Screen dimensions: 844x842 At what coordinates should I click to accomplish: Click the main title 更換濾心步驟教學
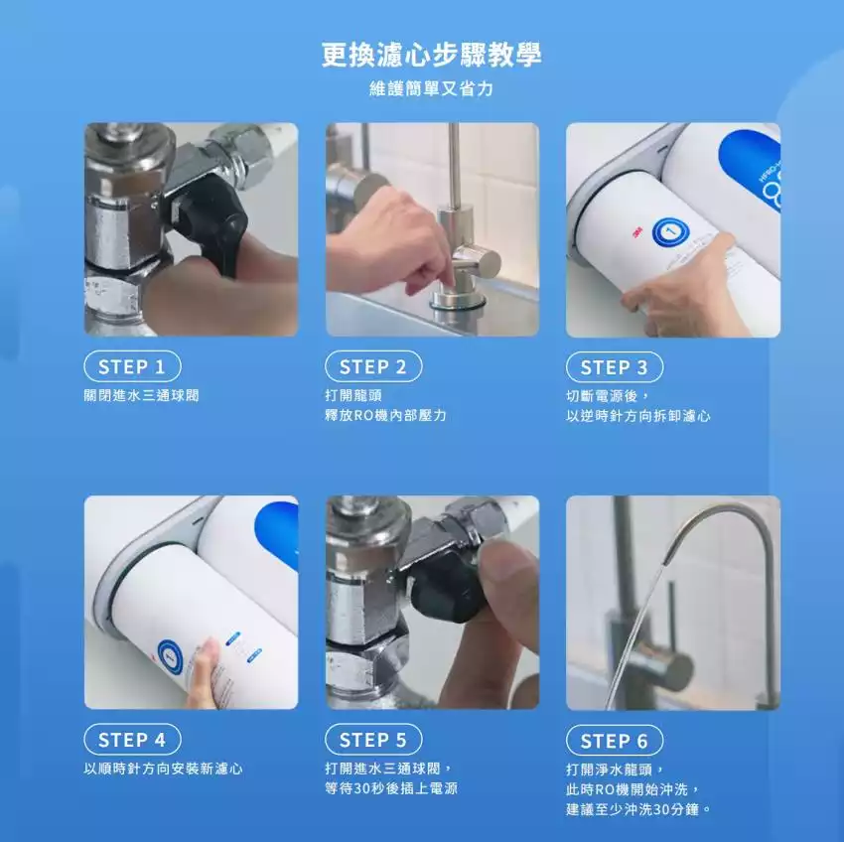coord(431,55)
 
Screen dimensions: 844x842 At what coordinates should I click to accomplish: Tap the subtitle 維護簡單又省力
coord(431,88)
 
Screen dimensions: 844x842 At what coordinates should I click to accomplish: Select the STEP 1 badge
coord(132,366)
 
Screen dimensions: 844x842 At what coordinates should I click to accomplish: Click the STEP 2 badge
coord(373,366)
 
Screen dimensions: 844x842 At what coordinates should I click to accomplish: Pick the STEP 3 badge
coord(615,367)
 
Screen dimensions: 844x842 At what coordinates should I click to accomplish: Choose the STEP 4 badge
coord(132,740)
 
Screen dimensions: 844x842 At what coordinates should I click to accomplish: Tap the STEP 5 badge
coord(373,740)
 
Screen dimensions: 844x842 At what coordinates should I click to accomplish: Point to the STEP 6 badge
coord(615,741)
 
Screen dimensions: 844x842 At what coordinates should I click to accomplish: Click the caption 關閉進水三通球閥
coord(142,396)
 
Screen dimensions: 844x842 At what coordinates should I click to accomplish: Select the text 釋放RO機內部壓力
coord(385,416)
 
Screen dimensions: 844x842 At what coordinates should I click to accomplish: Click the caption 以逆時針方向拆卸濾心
coord(637,416)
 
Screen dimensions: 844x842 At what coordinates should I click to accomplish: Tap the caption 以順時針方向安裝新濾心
coord(163,769)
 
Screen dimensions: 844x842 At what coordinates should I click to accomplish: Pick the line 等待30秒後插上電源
coord(391,788)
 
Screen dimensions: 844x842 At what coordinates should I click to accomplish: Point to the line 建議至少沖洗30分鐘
coord(638,809)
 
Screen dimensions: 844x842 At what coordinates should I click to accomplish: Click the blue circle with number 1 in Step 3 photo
coord(670,233)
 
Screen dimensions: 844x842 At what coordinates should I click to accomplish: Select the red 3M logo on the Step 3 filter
coord(637,232)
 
